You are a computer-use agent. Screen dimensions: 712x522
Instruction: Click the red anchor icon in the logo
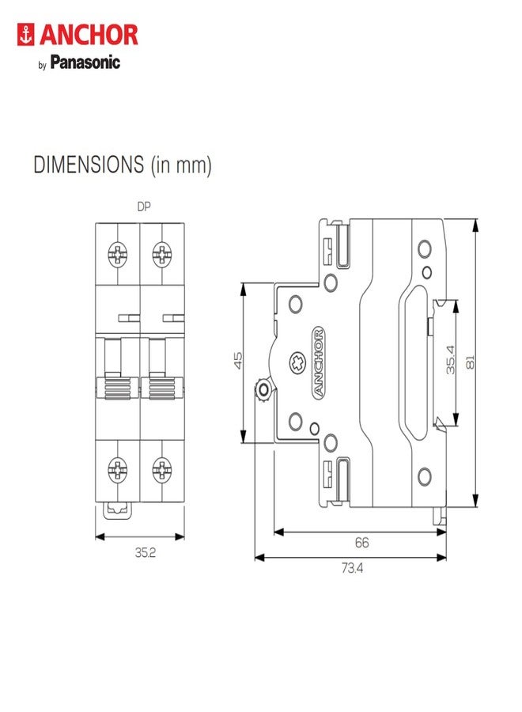tap(25, 35)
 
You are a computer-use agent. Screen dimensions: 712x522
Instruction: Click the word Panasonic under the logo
tap(85, 62)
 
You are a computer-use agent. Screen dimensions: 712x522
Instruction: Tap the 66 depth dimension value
tap(361, 543)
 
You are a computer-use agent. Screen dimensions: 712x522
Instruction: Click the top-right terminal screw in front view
tap(162, 254)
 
